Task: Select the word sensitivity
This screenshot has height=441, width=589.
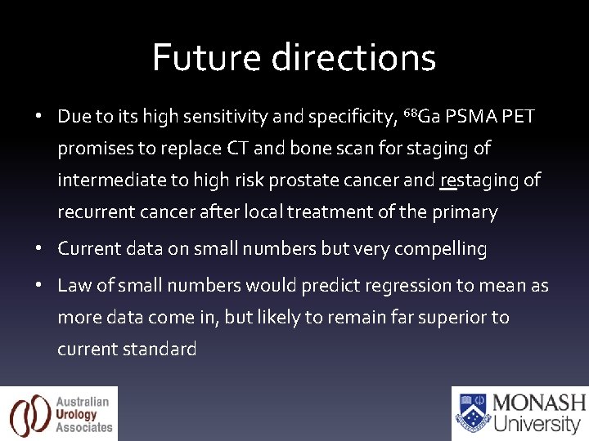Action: [223, 117]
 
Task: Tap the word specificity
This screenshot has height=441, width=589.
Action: [348, 117]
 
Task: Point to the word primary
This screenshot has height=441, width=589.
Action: [466, 212]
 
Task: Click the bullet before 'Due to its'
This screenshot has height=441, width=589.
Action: [38, 117]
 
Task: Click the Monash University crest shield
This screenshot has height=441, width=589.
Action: [472, 413]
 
